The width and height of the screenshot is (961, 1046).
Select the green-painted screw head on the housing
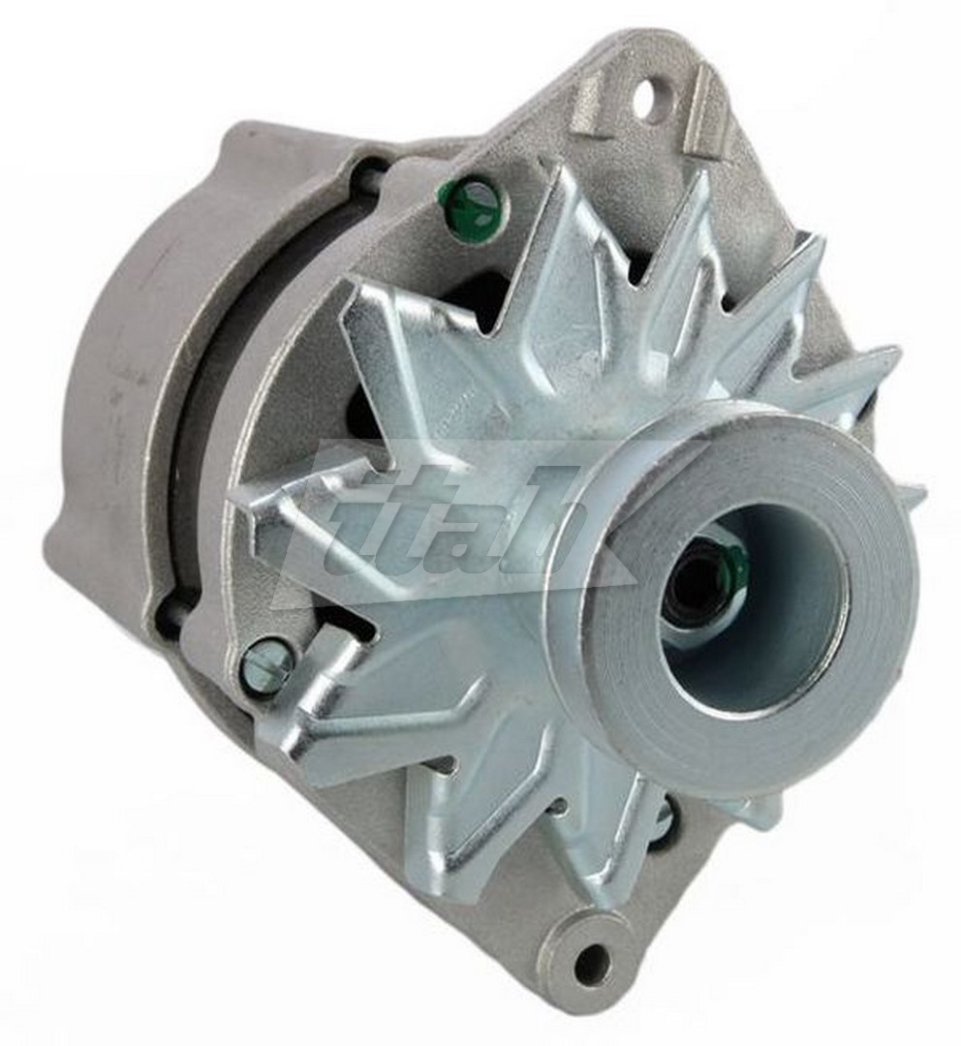(x=472, y=204)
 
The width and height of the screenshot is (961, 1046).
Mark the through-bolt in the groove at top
(x=371, y=174)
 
